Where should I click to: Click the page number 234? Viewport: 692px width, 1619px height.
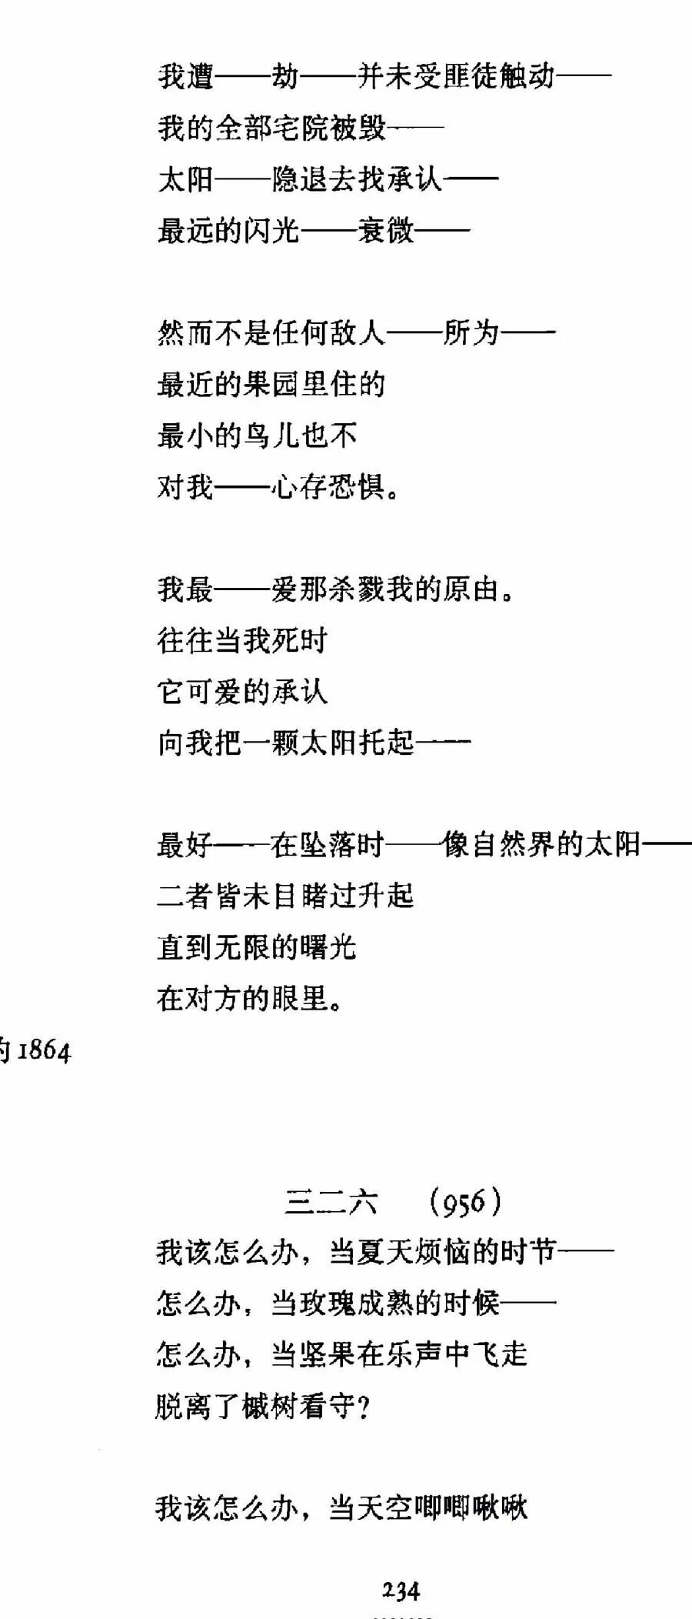401,1591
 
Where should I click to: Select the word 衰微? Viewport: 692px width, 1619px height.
386,230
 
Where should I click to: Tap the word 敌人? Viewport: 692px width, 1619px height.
358,333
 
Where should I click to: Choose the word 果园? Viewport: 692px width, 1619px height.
271,384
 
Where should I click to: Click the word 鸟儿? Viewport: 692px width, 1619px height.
271,436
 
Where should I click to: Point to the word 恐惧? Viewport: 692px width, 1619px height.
358,486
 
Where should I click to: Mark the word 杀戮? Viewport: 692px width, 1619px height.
358,589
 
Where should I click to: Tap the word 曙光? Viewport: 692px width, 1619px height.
329,947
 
